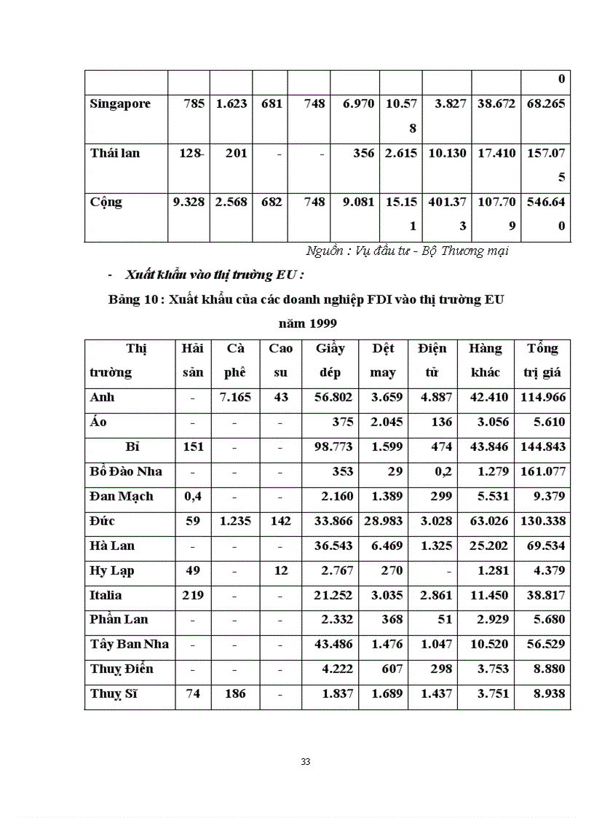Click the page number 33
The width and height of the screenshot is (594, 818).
(306, 762)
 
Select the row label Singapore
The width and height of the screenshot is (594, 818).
(120, 103)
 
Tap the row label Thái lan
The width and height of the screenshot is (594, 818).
(115, 153)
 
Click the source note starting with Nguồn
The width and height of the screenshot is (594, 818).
(407, 251)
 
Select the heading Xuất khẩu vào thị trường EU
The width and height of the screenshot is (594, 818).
(213, 275)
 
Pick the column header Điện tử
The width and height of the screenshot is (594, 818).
(432, 360)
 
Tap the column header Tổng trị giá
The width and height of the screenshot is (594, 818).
(542, 360)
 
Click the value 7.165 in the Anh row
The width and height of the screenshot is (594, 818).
(234, 398)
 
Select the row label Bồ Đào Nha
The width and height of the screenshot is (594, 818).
(126, 471)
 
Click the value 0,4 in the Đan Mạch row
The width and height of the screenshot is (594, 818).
(193, 496)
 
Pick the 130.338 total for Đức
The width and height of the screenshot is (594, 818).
(543, 521)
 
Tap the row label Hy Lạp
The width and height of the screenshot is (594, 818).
(112, 570)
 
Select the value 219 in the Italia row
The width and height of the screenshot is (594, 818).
(193, 595)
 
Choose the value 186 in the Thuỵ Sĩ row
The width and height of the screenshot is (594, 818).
(234, 693)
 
